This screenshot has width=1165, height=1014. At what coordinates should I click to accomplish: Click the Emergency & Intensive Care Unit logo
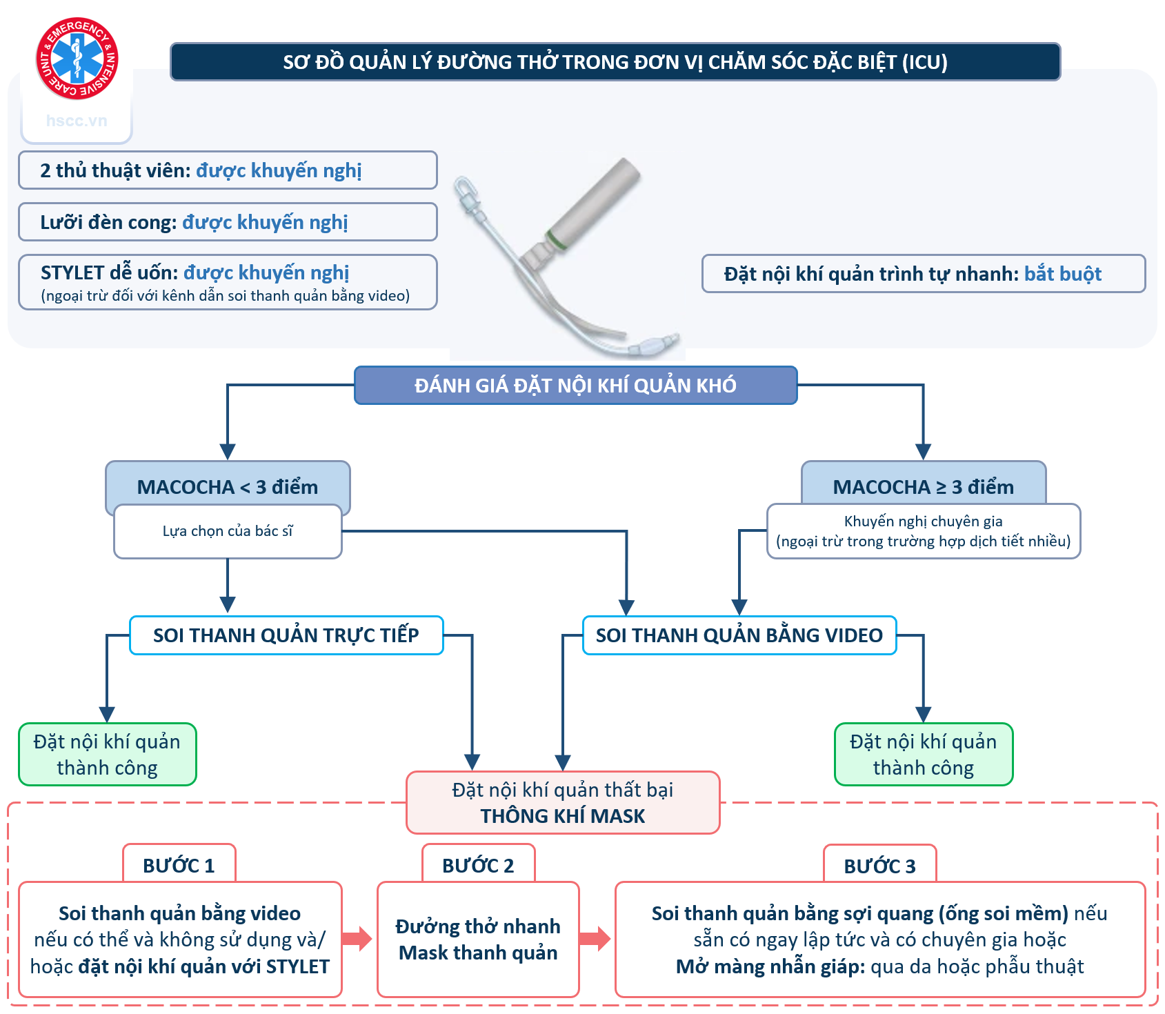coord(77,59)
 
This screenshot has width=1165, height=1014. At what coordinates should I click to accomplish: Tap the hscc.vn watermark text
coord(77,121)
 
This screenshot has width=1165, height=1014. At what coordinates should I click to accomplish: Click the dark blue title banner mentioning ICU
coord(615,62)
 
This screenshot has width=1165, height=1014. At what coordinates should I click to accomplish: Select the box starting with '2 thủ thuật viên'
coord(228,170)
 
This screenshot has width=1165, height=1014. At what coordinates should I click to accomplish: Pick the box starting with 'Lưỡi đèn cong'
coord(228,222)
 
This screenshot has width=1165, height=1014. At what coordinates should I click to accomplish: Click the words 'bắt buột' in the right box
coord(1062,274)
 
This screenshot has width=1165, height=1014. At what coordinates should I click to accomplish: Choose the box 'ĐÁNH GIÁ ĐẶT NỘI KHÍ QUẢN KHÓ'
coord(575,385)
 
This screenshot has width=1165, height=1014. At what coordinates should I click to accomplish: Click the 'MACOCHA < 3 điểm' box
coord(228,486)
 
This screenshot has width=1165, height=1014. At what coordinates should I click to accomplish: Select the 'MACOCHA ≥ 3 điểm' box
coord(923,486)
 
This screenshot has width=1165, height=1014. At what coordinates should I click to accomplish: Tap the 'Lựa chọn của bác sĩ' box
coord(228,531)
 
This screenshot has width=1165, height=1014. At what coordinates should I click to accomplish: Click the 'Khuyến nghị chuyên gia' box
coord(923,531)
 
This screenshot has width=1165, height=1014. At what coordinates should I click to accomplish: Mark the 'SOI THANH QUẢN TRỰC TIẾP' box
coord(286,635)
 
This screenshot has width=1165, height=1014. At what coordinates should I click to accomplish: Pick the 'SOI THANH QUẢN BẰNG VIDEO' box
coord(739,635)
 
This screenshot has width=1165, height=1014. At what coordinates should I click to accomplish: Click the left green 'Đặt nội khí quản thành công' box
coord(107,755)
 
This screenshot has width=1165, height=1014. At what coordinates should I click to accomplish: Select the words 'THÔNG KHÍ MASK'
coord(562,816)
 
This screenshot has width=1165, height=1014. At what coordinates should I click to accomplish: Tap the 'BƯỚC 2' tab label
coord(478,866)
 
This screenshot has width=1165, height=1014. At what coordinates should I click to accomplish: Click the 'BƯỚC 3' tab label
coord(879,866)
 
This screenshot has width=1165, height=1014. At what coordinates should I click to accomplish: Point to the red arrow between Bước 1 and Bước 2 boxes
coord(357,939)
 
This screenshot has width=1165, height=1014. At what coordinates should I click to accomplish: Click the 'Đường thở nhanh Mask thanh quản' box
coord(478,940)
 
